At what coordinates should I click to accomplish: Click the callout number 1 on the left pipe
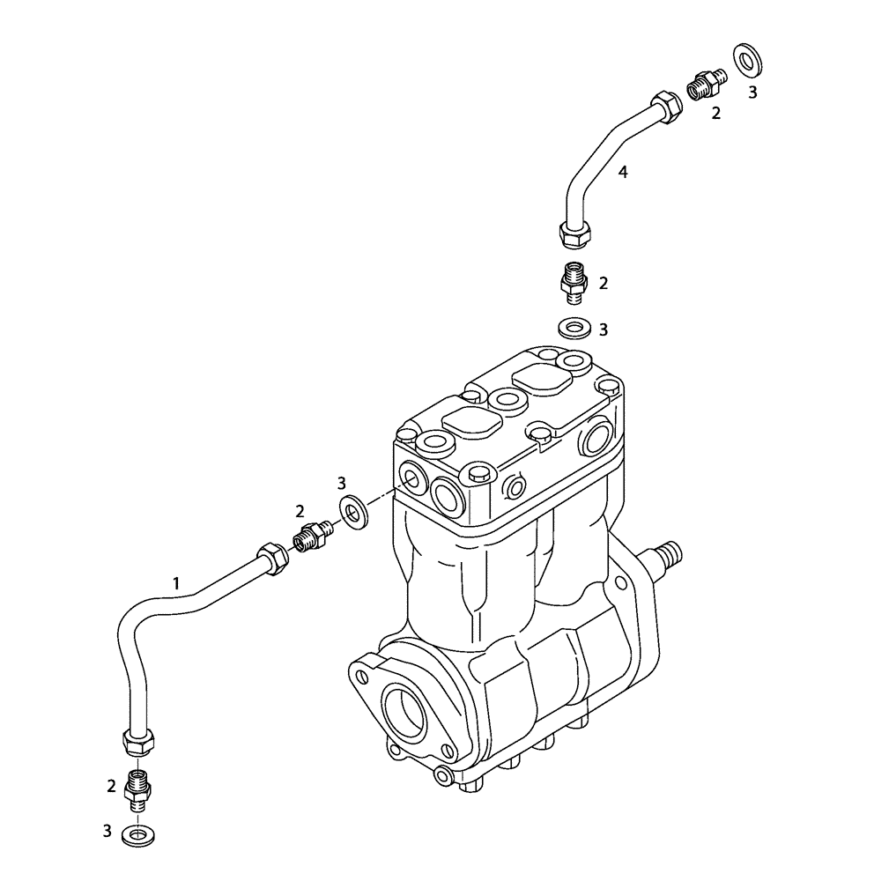click(176, 582)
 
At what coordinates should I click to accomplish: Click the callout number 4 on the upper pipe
click(623, 173)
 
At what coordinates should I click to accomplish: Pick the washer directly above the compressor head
click(575, 329)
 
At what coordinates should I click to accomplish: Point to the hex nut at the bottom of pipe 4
click(574, 235)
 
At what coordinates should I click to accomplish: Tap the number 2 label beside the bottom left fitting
click(112, 786)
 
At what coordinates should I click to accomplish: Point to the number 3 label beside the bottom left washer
click(107, 830)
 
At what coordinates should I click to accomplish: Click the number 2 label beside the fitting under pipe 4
click(604, 283)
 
